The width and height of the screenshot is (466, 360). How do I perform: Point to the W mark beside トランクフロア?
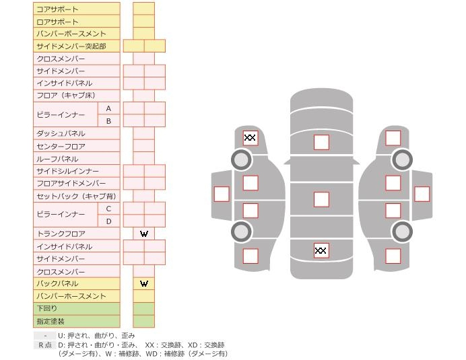point(144,233)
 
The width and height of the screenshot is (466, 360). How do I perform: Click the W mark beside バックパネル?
point(144,283)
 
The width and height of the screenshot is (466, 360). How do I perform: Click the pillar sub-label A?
point(108,108)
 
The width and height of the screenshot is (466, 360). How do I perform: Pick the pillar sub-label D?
point(108,221)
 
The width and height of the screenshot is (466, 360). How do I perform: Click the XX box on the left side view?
point(250,138)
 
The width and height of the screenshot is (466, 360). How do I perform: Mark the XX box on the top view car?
point(321,251)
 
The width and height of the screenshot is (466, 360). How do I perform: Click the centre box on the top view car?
point(321,199)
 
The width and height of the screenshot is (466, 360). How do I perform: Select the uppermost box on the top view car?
point(321,142)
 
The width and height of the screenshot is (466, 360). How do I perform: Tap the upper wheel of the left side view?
point(241,159)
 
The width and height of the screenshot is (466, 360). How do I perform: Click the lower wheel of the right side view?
point(402,231)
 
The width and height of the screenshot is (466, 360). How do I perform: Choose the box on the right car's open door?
point(422,194)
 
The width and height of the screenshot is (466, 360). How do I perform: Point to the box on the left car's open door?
point(221,194)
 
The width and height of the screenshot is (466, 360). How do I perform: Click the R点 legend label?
point(44,345)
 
